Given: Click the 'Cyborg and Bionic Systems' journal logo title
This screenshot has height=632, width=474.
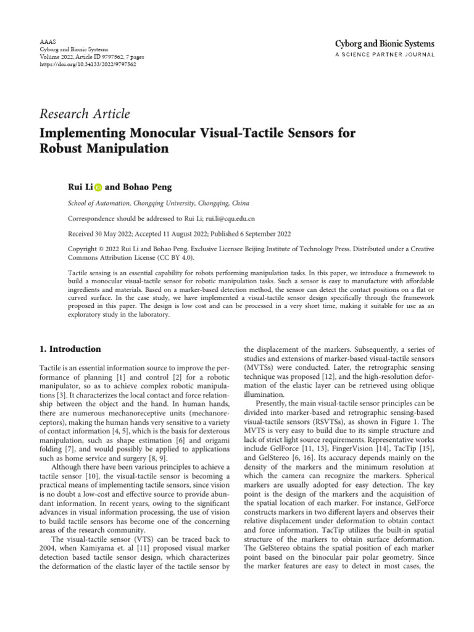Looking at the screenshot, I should click(x=385, y=44).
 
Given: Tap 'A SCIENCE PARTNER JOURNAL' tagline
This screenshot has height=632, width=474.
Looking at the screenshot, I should click(x=385, y=55).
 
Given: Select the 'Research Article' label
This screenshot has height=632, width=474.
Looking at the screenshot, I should click(x=85, y=114).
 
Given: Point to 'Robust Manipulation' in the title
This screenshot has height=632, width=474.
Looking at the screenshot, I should click(x=104, y=149).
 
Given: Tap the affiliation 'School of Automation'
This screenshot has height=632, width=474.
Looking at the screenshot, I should click(x=98, y=203).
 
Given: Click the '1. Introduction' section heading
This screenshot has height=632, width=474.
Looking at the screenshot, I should click(x=70, y=349).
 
